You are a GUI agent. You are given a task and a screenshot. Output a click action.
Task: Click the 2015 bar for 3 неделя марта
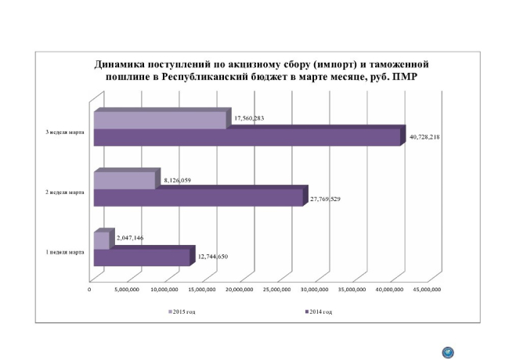pos(161,120)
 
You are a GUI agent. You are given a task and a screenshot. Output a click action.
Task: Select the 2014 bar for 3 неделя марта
pos(247,137)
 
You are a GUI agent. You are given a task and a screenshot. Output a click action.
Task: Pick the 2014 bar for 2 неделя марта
pos(197,196)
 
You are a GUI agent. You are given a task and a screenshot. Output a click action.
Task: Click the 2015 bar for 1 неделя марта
pos(102,240)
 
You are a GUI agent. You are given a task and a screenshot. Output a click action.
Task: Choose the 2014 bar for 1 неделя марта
pos(142,257)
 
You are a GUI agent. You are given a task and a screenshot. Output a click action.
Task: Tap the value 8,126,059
pos(181,180)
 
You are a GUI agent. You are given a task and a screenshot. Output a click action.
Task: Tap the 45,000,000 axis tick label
pos(426,290)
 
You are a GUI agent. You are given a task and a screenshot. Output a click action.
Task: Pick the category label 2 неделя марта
pos(65,191)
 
